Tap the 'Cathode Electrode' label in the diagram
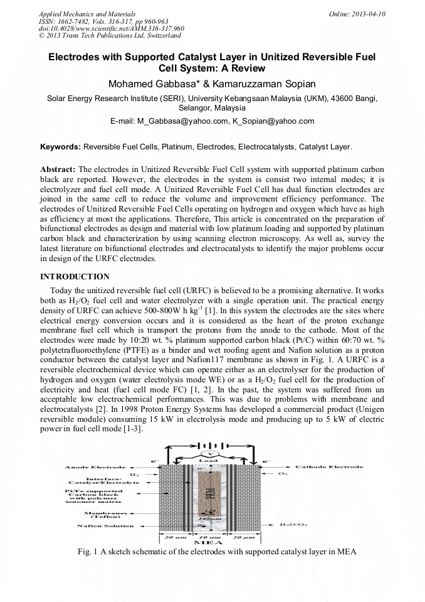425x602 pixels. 328,467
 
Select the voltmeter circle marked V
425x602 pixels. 212,453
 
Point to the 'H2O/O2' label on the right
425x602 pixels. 293,524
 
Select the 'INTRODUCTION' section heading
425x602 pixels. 75,277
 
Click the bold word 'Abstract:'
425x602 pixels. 58,169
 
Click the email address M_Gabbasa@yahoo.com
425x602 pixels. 181,121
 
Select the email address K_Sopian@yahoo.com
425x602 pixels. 273,121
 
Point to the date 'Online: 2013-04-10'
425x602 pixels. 357,14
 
